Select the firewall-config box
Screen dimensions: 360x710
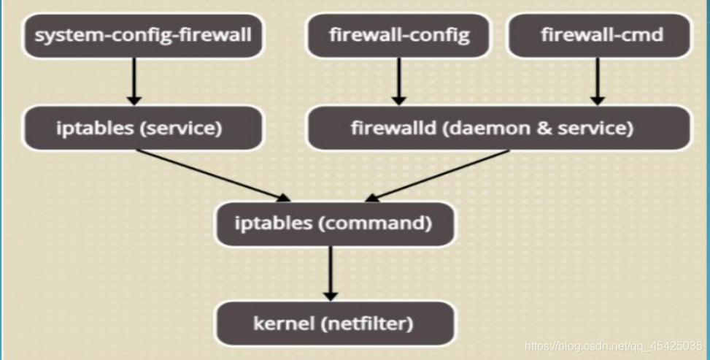(x=398, y=34)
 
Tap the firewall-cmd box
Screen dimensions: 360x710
(x=597, y=34)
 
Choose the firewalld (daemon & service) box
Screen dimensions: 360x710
(x=498, y=129)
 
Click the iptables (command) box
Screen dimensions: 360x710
(x=333, y=223)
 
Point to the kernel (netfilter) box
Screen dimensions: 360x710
(x=333, y=323)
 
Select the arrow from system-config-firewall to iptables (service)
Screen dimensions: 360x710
(x=134, y=81)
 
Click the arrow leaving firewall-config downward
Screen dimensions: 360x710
(x=398, y=81)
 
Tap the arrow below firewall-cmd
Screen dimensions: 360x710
(x=597, y=81)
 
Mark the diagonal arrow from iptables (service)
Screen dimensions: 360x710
(x=212, y=175)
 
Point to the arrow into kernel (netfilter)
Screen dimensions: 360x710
(x=331, y=272)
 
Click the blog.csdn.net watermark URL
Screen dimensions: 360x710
(x=614, y=345)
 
